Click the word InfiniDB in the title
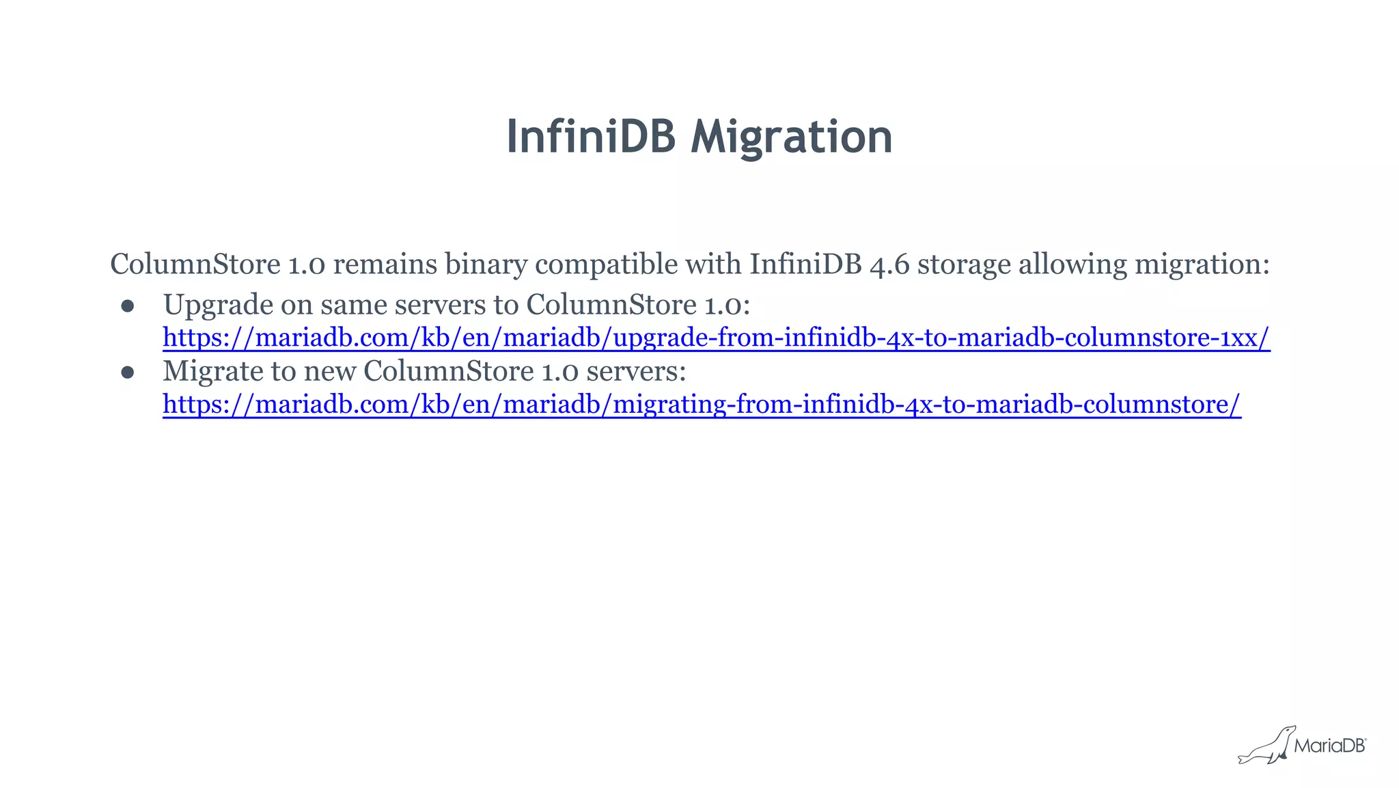coord(591,137)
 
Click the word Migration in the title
coord(791,137)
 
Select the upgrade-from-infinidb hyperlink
coord(716,338)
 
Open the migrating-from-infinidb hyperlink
coord(702,405)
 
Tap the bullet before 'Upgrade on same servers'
coord(128,306)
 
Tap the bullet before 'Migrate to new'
coord(128,372)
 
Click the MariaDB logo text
coord(1329,746)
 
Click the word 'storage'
coord(963,264)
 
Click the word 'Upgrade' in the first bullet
coord(218,305)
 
